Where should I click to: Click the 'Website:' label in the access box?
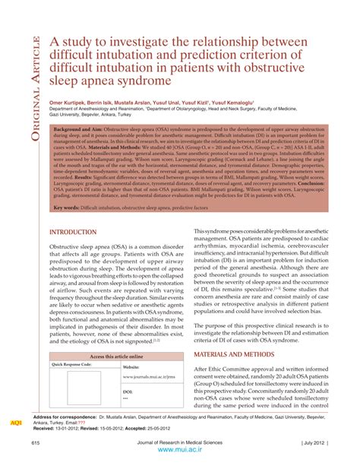pyautogui.click(x=131, y=366)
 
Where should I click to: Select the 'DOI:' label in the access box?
pyautogui.click(x=127, y=392)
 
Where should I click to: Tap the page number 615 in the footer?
pyautogui.click(x=36, y=442)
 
